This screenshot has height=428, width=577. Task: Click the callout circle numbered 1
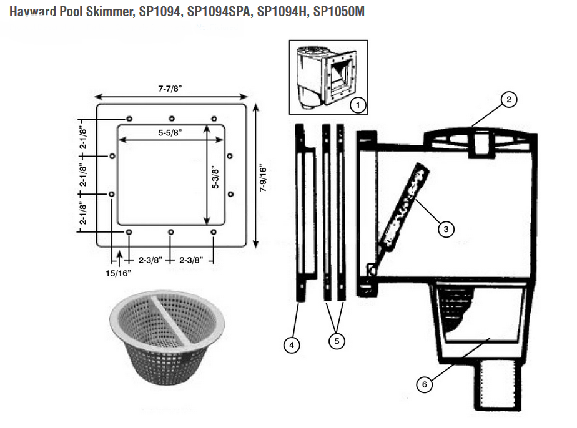[x=357, y=105]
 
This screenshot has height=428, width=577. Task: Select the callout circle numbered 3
[x=445, y=230]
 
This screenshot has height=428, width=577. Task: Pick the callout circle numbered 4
[x=292, y=344]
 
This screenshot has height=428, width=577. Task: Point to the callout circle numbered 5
[x=337, y=341]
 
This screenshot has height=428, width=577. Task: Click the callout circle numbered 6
[x=425, y=384]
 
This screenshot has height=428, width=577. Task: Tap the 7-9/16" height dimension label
[x=263, y=178]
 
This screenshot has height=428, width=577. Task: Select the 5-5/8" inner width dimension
[x=170, y=133]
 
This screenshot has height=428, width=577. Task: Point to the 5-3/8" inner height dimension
[x=215, y=178]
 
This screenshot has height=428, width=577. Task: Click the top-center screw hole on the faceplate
[x=171, y=119]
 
